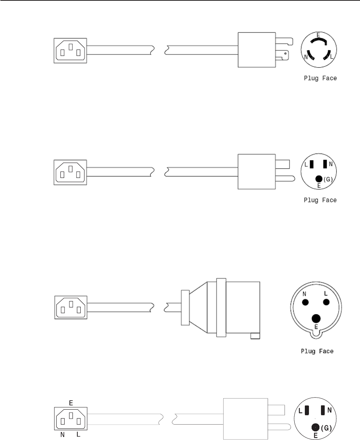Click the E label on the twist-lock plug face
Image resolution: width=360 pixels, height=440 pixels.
click(318, 35)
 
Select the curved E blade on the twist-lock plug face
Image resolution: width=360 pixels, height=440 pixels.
click(318, 40)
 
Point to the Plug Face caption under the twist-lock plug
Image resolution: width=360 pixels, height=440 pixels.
click(320, 78)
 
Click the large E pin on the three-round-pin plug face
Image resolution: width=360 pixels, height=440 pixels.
click(316, 318)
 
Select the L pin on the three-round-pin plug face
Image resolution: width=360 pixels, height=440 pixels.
click(326, 302)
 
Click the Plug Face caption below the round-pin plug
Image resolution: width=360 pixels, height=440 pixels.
click(317, 352)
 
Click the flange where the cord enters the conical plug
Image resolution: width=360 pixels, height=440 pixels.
click(185, 307)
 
